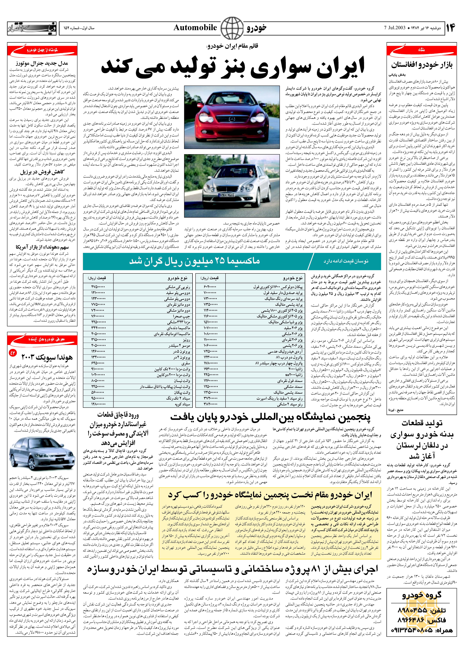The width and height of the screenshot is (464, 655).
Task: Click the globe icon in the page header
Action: tap(232, 28)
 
